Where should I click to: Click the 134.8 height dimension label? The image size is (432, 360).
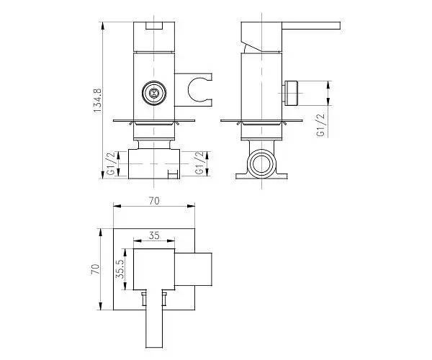[x=97, y=100]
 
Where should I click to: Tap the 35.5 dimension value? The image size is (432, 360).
[x=121, y=269]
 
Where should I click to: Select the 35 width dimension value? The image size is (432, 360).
[x=154, y=235]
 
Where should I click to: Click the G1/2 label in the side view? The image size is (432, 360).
[x=321, y=125]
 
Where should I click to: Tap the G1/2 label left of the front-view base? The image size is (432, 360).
[x=111, y=163]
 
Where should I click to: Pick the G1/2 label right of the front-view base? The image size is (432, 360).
[x=199, y=163]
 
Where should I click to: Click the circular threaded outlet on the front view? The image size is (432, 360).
[x=154, y=93]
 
